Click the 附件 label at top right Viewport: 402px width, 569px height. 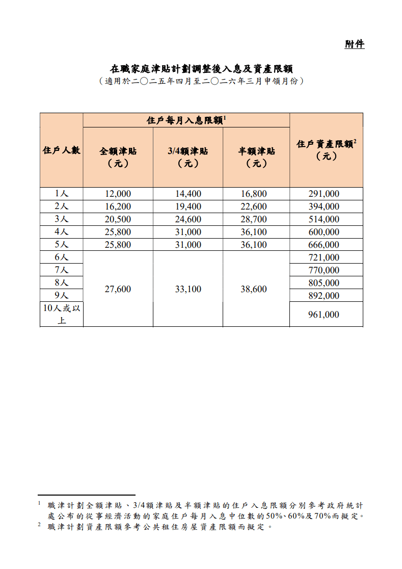coord(355,44)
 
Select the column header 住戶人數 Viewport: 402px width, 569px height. coord(61,150)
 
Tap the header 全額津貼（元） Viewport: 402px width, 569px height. coord(118,157)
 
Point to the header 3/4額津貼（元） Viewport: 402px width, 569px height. coord(187,157)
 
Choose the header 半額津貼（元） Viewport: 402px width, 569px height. coord(256,157)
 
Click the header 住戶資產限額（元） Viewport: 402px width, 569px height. coord(326,150)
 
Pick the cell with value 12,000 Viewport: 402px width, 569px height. coord(118,194)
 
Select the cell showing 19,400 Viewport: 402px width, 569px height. coord(187,206)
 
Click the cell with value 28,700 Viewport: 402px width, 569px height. coord(254,219)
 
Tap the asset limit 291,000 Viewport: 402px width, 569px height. coord(324,194)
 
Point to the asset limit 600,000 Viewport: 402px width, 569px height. coord(324,232)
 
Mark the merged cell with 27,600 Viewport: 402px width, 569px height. coord(118,289)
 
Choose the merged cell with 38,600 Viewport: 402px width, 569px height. coord(254,289)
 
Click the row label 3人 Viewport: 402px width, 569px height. coord(61,219)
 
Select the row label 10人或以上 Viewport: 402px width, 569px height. coord(61,314)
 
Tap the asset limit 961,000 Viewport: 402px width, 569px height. coord(324,315)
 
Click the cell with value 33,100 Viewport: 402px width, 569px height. coord(187,289)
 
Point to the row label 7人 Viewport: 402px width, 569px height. coord(61,270)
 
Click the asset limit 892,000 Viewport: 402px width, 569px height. coord(324,296)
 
